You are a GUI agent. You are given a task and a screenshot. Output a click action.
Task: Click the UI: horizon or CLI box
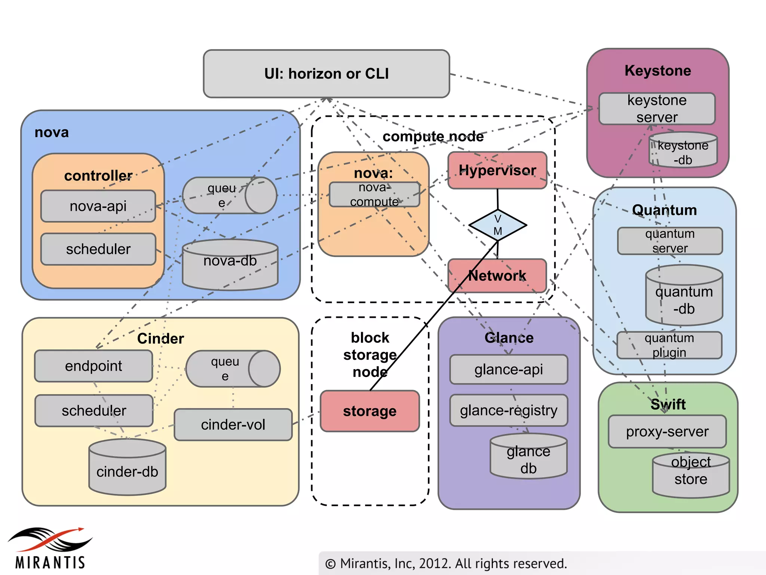pos(326,74)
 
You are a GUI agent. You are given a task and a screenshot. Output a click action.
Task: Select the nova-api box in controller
pos(98,206)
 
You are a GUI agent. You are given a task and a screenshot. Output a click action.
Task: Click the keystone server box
pos(657,109)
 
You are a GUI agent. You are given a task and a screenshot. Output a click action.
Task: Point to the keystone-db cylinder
pos(683,150)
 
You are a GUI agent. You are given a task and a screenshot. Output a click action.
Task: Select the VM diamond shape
pos(497,225)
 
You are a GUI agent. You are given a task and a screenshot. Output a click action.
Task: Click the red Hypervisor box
pos(497,170)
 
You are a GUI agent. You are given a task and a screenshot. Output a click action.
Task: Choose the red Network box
pos(497,276)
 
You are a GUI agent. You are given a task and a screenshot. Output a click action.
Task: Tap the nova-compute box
pos(374,195)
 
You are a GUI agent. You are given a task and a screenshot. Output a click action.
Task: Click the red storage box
pos(370,411)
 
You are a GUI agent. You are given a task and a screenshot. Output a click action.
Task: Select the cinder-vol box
pos(233,425)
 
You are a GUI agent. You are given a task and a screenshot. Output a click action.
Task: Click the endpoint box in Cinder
pos(94,366)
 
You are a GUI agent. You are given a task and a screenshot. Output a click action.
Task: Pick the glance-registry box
pos(508,410)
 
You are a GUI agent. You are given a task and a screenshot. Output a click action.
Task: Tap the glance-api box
pos(508,369)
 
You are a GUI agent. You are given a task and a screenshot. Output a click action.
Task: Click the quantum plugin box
pos(669,345)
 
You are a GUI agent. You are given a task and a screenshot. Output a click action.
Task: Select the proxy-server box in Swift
pos(667,432)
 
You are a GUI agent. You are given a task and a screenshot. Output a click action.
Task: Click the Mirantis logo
pos(50,548)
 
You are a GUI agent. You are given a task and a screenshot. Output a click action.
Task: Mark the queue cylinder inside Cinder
pos(233,369)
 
